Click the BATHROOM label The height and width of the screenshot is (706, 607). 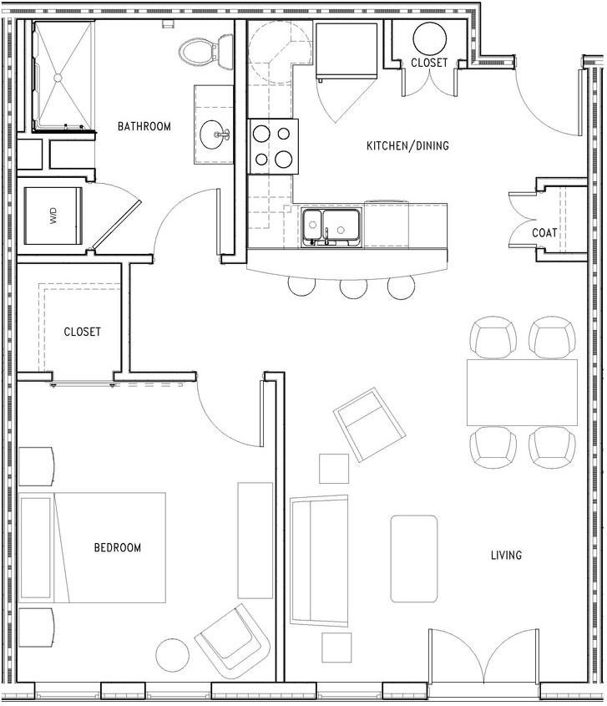[144, 126]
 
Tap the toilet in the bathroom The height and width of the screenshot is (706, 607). [205, 51]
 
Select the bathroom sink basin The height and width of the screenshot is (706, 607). [215, 135]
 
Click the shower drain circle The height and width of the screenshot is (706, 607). [58, 78]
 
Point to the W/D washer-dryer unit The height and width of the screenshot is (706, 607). [53, 216]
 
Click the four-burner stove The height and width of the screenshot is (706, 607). [273, 146]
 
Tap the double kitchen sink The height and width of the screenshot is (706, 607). [331, 227]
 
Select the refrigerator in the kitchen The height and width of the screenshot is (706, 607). [346, 51]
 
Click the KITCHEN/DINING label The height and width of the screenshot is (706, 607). [407, 146]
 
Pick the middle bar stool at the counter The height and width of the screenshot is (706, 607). [354, 287]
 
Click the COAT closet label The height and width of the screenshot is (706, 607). [544, 233]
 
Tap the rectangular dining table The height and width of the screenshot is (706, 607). [522, 392]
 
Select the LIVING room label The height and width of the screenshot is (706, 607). [506, 555]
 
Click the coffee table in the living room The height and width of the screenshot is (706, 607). [414, 559]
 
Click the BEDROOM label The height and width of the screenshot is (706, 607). [118, 547]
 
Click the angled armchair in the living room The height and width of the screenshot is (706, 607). [369, 424]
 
